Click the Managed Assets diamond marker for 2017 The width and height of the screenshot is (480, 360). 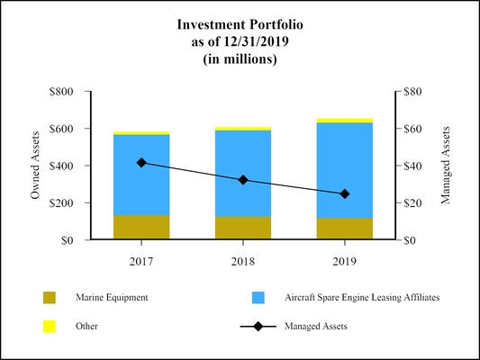pos(141,163)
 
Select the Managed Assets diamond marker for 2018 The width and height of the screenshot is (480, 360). pos(243,180)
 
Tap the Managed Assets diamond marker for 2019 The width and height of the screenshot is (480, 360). pos(345,193)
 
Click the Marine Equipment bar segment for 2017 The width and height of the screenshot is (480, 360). pos(141,227)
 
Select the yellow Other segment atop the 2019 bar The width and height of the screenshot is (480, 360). pos(345,120)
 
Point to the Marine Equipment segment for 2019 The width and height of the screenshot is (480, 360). pos(345,229)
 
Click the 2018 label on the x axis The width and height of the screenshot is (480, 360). pos(243,260)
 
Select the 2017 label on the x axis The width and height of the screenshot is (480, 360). pos(141,260)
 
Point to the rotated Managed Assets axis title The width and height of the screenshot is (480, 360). pos(445,166)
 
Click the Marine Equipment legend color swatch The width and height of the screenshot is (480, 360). pos(50,298)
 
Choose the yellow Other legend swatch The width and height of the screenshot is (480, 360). pos(50,327)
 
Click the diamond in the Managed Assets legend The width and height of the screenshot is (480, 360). pos(258,327)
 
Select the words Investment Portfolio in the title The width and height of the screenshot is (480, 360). pos(239,26)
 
